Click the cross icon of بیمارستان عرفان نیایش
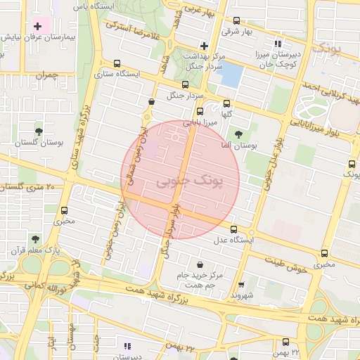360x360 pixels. pyautogui.click(x=38, y=26)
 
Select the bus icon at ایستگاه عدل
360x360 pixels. pyautogui.click(x=234, y=229)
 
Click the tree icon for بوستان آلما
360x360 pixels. pyautogui.click(x=240, y=133)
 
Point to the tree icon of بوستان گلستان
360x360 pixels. pyautogui.click(x=39, y=131)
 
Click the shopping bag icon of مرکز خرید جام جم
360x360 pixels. pyautogui.click(x=202, y=265)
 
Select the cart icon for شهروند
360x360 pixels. pyautogui.click(x=241, y=285)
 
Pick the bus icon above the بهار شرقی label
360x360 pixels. pyautogui.click(x=236, y=21)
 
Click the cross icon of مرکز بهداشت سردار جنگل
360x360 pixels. pyautogui.click(x=204, y=45)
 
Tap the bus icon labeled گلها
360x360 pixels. pyautogui.click(x=226, y=103)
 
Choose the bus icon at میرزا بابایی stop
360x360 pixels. pyautogui.click(x=200, y=111)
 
